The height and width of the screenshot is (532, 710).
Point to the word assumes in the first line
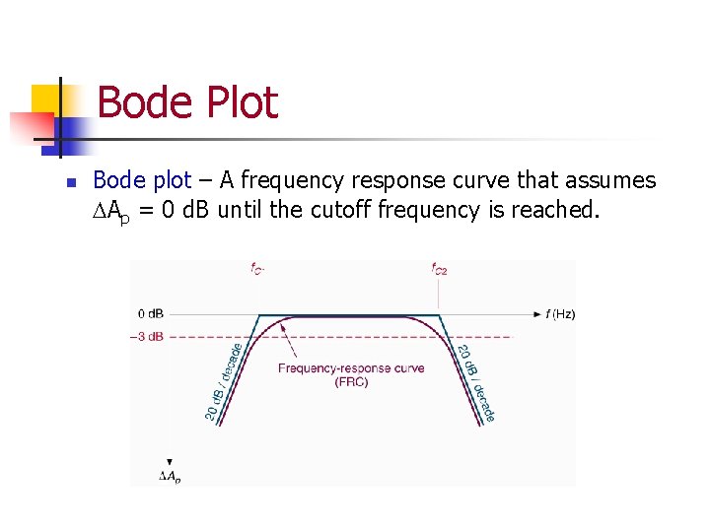[x=612, y=181]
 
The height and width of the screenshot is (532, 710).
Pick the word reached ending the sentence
[x=554, y=210]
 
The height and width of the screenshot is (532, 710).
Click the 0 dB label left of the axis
[x=151, y=314]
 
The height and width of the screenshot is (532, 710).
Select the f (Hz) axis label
[x=560, y=314]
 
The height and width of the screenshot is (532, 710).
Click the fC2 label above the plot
[x=439, y=268]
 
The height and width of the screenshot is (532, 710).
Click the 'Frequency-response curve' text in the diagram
[x=351, y=368]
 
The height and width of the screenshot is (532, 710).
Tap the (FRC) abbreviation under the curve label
[x=351, y=382]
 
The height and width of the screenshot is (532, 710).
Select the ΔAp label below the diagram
[x=170, y=477]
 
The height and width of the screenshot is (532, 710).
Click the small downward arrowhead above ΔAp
[x=170, y=461]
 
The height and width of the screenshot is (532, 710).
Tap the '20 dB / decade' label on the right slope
[x=474, y=383]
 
